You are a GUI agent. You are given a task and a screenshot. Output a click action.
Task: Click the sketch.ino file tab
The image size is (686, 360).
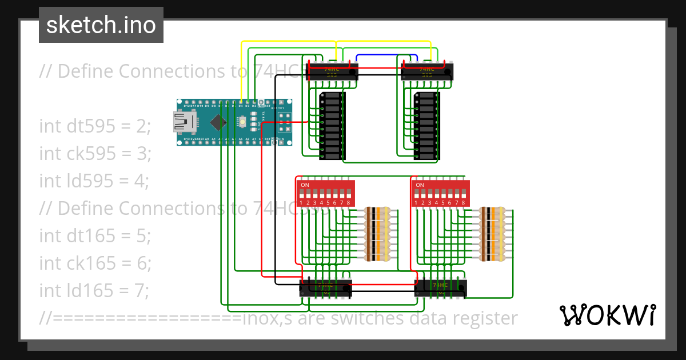101,25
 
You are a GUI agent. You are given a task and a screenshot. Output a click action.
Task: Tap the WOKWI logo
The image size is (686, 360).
607,315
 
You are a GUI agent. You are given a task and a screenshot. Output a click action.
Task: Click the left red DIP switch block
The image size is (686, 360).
325,193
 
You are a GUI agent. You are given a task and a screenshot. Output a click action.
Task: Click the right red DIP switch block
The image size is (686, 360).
440,193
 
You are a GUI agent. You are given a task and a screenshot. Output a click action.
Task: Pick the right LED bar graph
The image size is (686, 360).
426,125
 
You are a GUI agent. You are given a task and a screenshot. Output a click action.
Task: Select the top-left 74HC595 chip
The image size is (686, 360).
332,71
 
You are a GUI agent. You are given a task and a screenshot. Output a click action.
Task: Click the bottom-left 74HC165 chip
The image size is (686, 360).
325,288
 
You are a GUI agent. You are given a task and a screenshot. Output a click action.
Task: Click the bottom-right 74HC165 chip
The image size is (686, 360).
440,288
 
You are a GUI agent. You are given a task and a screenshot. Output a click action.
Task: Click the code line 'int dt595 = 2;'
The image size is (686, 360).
95,126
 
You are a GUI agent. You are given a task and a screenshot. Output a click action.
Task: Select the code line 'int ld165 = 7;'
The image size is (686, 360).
94,290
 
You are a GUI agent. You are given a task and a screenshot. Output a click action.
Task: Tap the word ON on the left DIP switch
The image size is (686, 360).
305,185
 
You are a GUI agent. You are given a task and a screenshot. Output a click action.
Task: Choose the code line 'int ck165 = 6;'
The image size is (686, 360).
95,263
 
